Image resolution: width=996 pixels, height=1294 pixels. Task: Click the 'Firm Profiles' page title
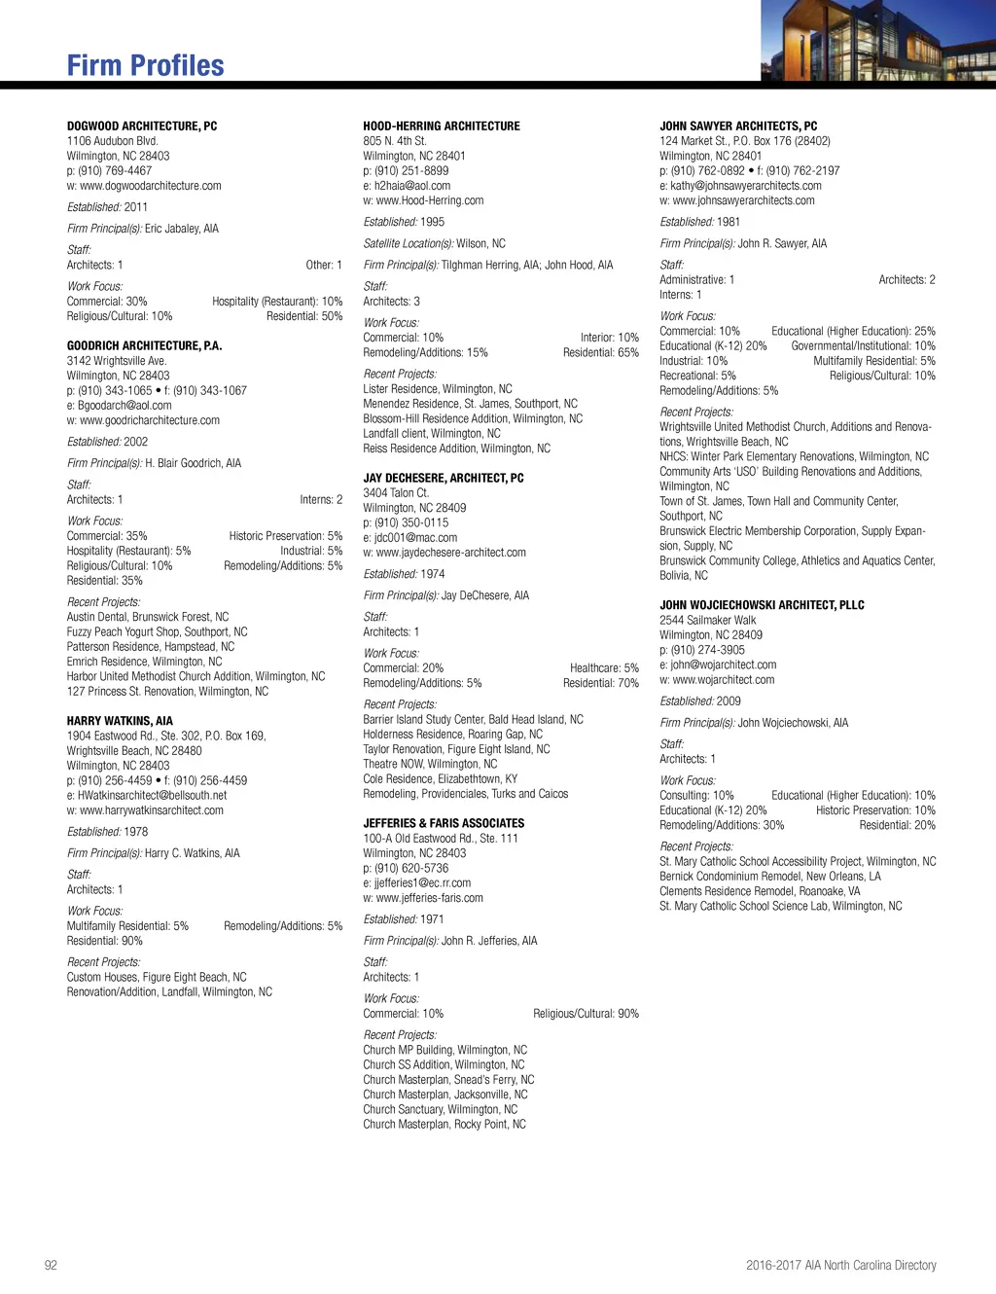point(145,65)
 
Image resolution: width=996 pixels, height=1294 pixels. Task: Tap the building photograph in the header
point(877,40)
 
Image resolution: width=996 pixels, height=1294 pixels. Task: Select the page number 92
point(51,1265)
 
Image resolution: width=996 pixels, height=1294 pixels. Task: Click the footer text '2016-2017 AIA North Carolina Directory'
point(840,1265)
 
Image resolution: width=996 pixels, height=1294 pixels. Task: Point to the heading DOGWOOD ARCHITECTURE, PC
point(142,126)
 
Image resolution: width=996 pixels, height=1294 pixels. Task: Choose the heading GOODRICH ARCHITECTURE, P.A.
point(144,345)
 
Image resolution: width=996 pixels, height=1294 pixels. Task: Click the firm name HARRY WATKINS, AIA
point(120,721)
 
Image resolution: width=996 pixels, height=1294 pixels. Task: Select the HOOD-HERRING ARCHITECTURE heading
point(442,126)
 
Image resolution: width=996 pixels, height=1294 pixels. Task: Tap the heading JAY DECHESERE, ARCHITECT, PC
point(444,478)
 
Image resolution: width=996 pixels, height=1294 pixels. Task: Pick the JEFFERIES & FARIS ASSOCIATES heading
point(444,823)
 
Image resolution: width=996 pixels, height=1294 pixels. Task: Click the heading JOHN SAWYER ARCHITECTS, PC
point(738,126)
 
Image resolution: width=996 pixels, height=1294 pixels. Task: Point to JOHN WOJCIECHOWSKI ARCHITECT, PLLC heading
point(762,605)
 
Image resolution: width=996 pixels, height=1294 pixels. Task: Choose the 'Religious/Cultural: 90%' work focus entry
point(586,1014)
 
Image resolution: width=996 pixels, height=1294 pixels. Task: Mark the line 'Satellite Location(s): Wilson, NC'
point(434,243)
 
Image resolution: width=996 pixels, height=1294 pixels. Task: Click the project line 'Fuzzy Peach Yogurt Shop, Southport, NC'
point(157,631)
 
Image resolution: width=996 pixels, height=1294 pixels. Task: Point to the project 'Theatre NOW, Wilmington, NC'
point(430,764)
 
